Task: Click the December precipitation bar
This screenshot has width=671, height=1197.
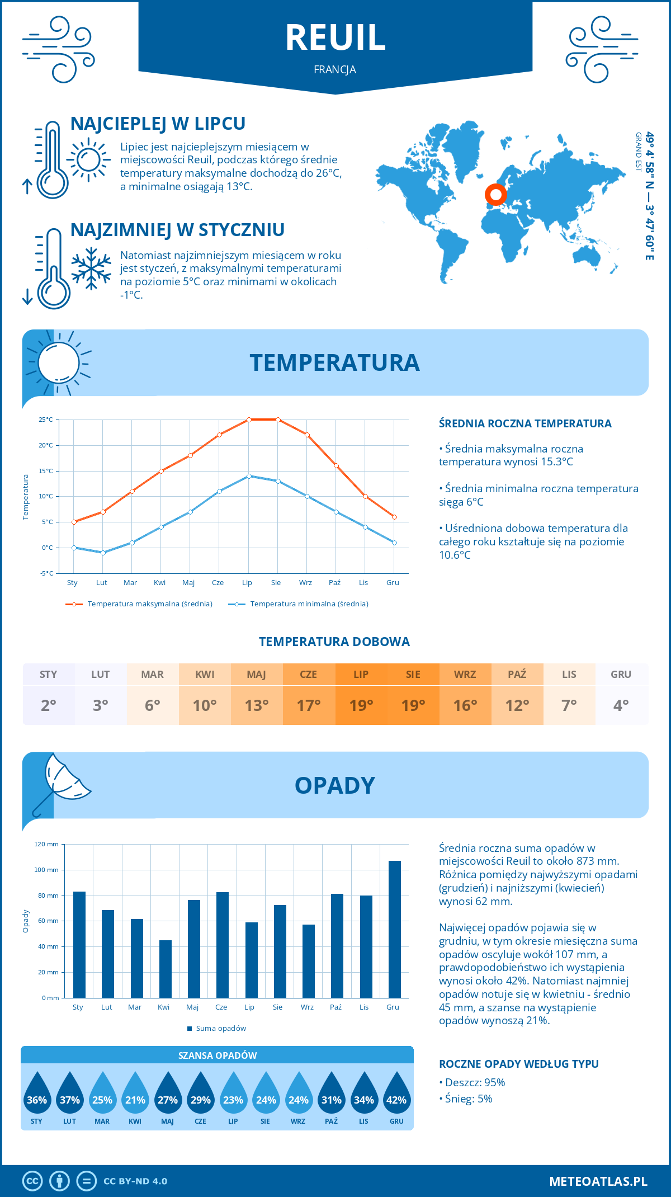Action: [395, 929]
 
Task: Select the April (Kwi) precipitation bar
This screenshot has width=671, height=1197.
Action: [166, 969]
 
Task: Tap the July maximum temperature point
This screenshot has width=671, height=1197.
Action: [249, 420]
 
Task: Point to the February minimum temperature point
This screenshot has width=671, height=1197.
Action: [103, 553]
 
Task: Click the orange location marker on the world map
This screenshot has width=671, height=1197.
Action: [495, 195]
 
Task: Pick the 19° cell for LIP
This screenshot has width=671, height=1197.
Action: [361, 705]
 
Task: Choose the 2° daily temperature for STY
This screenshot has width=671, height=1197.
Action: [49, 705]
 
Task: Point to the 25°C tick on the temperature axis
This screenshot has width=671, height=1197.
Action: [46, 420]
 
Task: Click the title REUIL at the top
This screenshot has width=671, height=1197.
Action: [335, 38]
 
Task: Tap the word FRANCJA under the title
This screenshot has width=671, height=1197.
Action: [335, 69]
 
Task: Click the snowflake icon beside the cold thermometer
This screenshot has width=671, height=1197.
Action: [91, 268]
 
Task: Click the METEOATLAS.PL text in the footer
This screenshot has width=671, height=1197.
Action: [598, 1181]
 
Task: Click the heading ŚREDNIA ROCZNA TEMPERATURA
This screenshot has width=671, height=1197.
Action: [525, 423]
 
